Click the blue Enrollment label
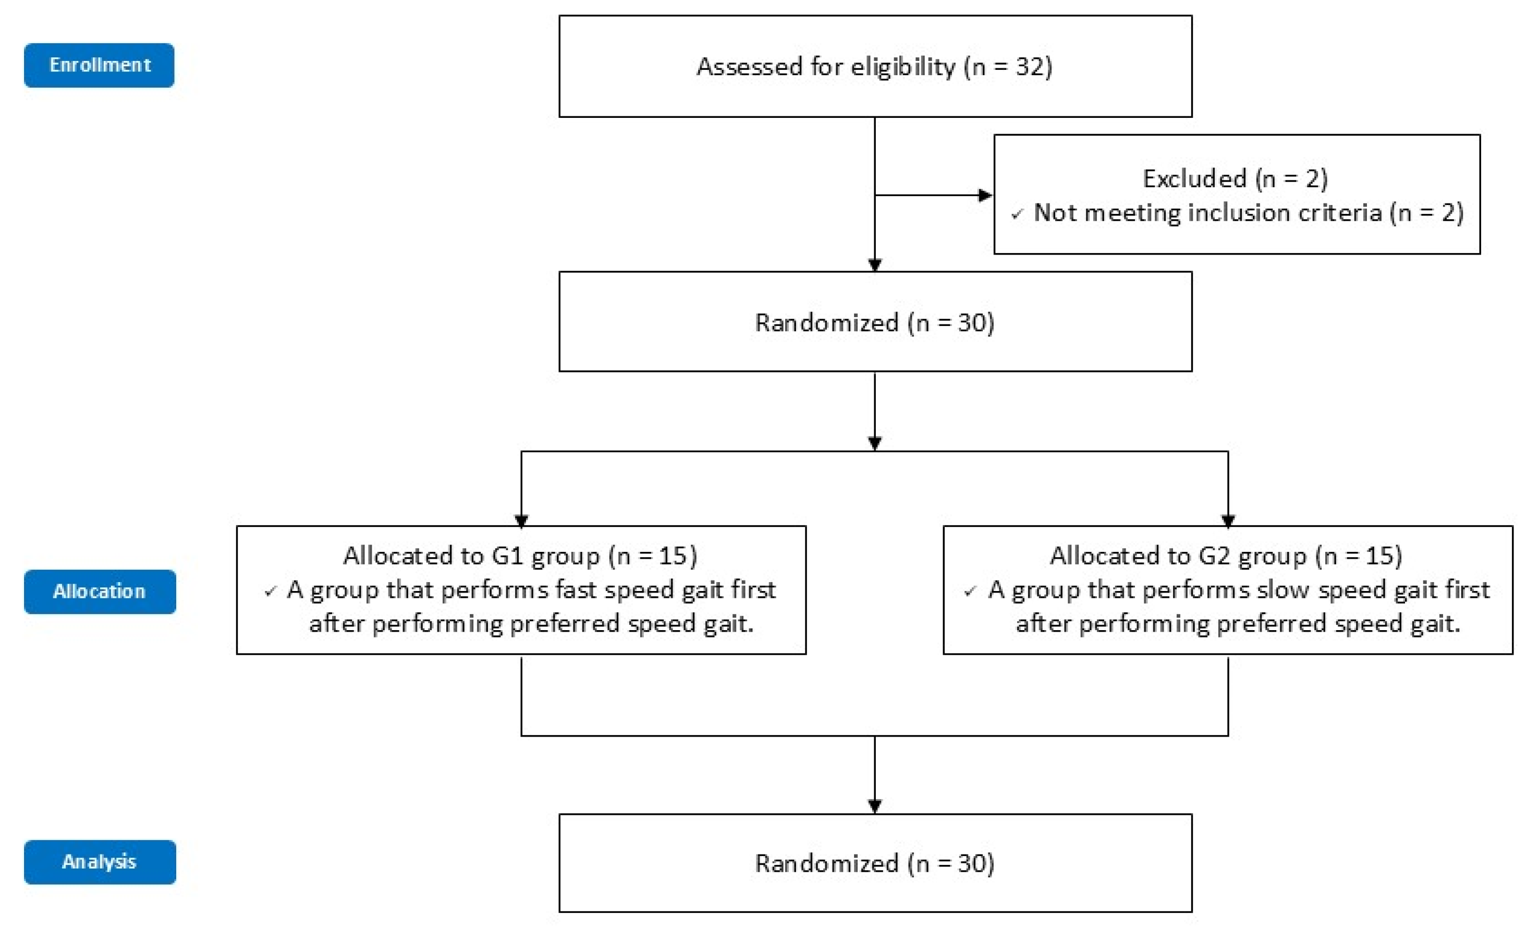[99, 65]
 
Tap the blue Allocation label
[99, 591]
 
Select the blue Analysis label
[99, 862]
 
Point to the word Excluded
[1194, 179]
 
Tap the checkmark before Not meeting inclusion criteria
[1017, 214]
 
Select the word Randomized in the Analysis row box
[826, 863]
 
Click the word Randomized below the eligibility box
[826, 322]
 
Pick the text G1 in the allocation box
[507, 556]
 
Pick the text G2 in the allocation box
[1214, 556]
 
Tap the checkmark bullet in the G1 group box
[270, 591]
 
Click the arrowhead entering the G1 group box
[521, 520]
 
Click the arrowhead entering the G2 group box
[1228, 520]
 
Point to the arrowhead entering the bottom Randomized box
[874, 806]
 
